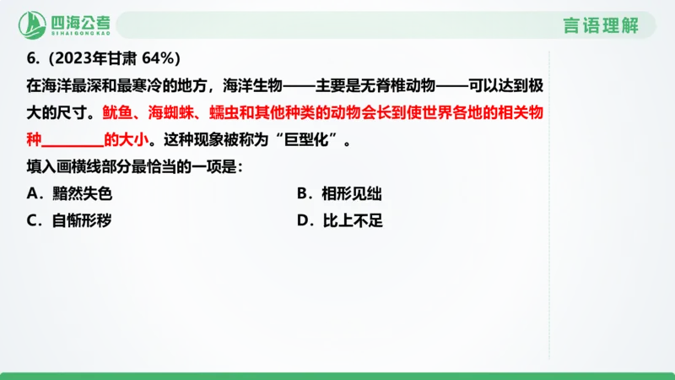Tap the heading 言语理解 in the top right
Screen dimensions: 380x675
(602, 25)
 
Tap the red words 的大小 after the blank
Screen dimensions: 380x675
(123, 139)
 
